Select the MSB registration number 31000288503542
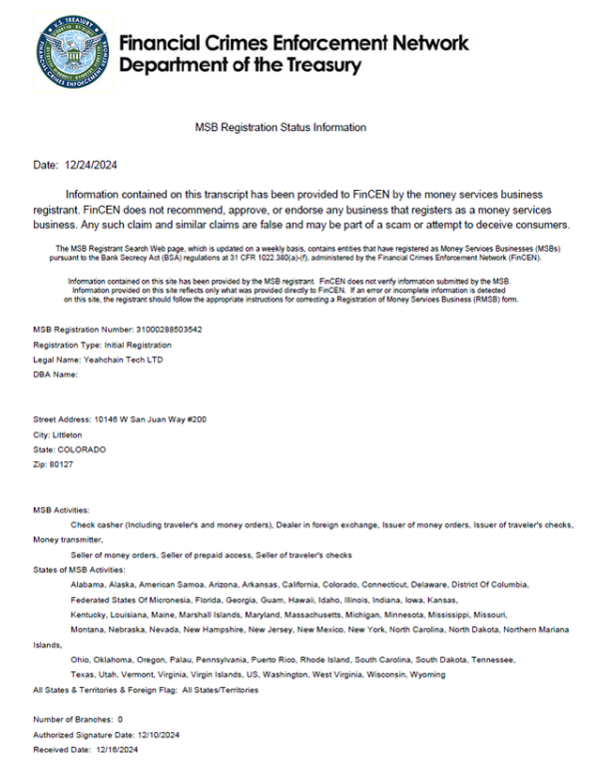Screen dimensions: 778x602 [x=169, y=329]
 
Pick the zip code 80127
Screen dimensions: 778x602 [x=61, y=465]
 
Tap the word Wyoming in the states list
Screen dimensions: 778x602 [x=427, y=674]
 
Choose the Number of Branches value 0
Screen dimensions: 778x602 [x=121, y=718]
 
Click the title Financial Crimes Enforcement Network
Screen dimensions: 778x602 [x=294, y=44]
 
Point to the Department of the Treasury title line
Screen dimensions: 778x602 [x=239, y=66]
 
